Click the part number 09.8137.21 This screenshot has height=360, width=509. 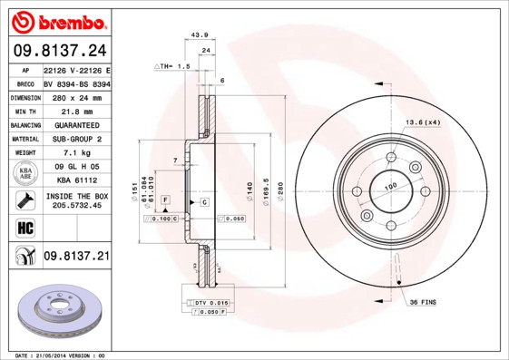pyautogui.click(x=76, y=258)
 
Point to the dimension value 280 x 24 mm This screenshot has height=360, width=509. pyautogui.click(x=76, y=96)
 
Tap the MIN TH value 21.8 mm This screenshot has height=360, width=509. pyautogui.click(x=76, y=111)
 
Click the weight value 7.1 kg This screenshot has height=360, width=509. pyautogui.click(x=76, y=153)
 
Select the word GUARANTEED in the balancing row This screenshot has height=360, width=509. pyautogui.click(x=76, y=125)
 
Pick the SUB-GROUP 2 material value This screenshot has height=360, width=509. pyautogui.click(x=76, y=139)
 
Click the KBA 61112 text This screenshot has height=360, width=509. pyautogui.click(x=76, y=181)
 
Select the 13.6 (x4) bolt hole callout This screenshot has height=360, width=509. pyautogui.click(x=422, y=122)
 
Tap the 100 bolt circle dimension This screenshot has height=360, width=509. pyautogui.click(x=392, y=188)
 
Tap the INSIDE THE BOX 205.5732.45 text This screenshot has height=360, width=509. pyautogui.click(x=76, y=200)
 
